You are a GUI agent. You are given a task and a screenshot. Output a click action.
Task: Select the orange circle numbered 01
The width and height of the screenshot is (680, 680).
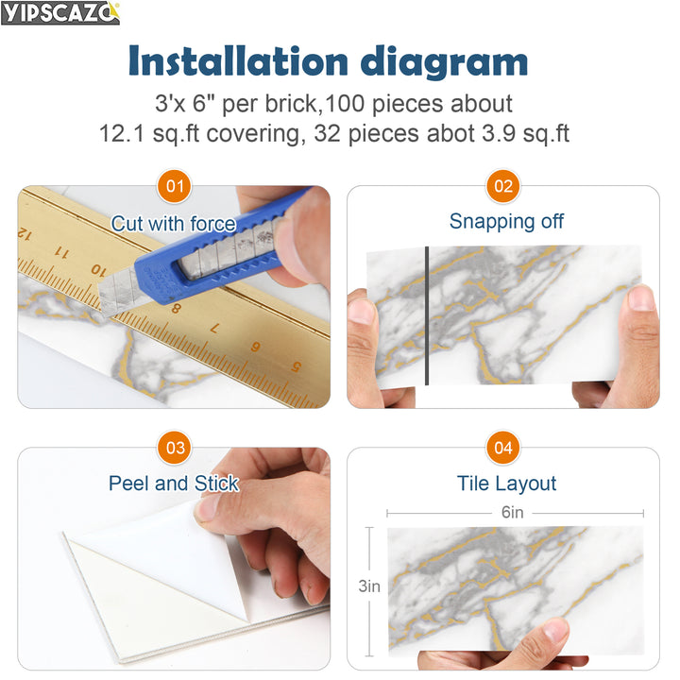175,186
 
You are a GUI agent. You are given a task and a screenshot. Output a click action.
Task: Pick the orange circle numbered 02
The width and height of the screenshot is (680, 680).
503,186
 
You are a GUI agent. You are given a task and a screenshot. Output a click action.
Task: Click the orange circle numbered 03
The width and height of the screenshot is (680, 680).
175,448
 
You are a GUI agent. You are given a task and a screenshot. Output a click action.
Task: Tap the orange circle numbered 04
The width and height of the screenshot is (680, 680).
503,448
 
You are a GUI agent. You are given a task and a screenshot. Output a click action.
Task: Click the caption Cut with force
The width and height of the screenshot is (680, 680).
174,224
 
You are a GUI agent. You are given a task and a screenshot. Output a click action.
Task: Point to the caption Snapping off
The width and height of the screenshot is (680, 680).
506,222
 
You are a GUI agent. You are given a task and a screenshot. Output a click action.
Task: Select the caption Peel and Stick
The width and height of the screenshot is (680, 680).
174,484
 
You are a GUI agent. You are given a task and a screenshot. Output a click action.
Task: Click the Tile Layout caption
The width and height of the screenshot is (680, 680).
506,484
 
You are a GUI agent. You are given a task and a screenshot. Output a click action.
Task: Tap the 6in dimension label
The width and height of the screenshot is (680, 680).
513,513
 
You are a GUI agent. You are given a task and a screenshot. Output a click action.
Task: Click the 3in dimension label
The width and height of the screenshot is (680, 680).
368,586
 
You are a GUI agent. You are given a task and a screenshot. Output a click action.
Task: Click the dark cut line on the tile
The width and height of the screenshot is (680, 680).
427,314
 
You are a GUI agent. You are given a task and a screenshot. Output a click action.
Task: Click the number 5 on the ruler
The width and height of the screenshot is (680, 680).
296,366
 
